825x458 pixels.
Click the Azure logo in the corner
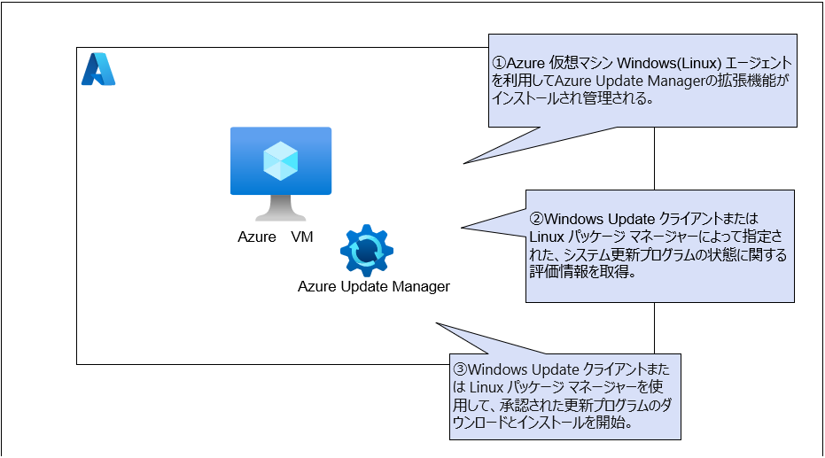(98, 70)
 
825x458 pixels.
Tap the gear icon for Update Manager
(367, 252)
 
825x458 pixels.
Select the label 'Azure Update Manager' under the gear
(374, 286)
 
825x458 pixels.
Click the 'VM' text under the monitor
(302, 237)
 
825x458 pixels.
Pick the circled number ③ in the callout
(460, 369)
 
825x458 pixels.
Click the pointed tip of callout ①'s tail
(463, 164)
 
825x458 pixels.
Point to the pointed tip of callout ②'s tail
(462, 229)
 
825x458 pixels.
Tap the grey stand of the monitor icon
(281, 208)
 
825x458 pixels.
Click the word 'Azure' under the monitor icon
(256, 237)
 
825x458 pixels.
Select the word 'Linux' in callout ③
(480, 387)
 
